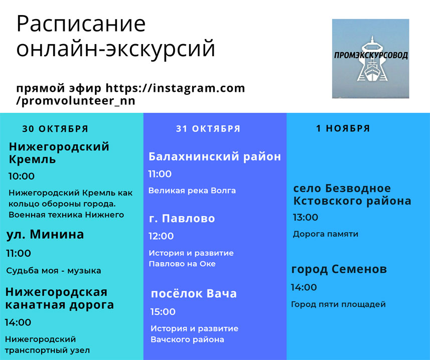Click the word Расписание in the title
click(81, 25)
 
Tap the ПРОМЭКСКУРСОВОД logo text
click(371, 55)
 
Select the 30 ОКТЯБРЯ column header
click(55, 129)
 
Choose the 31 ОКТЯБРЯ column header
click(208, 128)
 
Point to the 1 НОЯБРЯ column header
click(343, 128)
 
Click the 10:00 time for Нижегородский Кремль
click(22, 176)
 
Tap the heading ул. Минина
click(45, 235)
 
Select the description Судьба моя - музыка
click(54, 271)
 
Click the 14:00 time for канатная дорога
click(18, 322)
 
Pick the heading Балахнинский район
click(215, 156)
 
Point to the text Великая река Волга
click(192, 191)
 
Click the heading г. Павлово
click(182, 218)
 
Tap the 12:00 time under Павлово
click(161, 236)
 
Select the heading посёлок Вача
click(194, 293)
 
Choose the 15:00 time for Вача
click(163, 311)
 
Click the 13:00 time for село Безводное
click(306, 217)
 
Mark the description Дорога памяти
click(326, 234)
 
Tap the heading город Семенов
click(339, 269)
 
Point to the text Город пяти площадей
click(338, 304)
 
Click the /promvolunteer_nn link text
click(76, 101)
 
